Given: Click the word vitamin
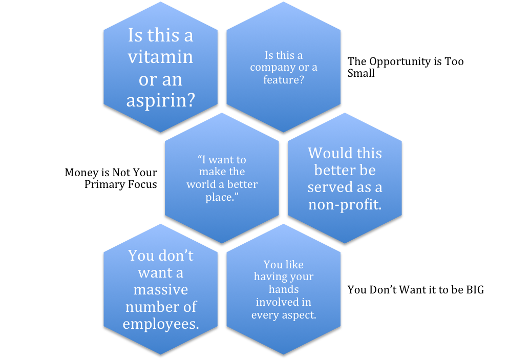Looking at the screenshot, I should (x=160, y=57).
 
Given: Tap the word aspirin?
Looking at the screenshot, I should (x=161, y=101).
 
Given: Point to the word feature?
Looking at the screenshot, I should (x=283, y=80).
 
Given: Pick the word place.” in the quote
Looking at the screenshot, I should (x=222, y=197).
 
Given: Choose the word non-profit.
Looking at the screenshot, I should (x=345, y=204).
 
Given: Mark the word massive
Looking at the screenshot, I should (x=160, y=289).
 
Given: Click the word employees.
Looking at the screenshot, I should (x=160, y=324).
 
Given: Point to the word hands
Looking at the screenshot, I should (x=283, y=289).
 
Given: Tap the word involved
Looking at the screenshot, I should (x=277, y=302).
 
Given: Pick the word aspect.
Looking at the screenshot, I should (x=300, y=315).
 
